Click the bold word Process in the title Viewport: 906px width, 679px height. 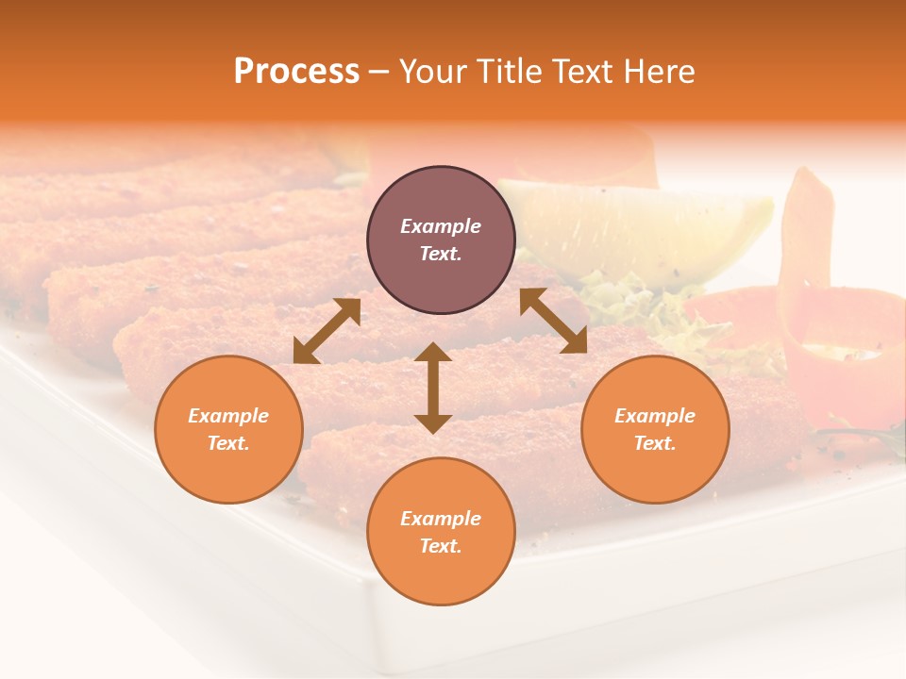point(296,72)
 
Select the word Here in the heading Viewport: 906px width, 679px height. point(659,72)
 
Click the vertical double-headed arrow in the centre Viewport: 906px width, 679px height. point(433,388)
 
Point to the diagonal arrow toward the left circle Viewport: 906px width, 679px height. point(327,331)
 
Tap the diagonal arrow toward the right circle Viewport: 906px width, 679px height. point(553,322)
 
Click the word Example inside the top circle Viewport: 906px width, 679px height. point(441,226)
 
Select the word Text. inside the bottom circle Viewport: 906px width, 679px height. point(441,546)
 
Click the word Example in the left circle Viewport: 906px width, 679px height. point(228,416)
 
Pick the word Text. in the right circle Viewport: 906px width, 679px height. point(655,443)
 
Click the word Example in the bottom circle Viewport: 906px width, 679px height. point(441,519)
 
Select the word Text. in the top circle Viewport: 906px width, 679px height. point(441,254)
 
